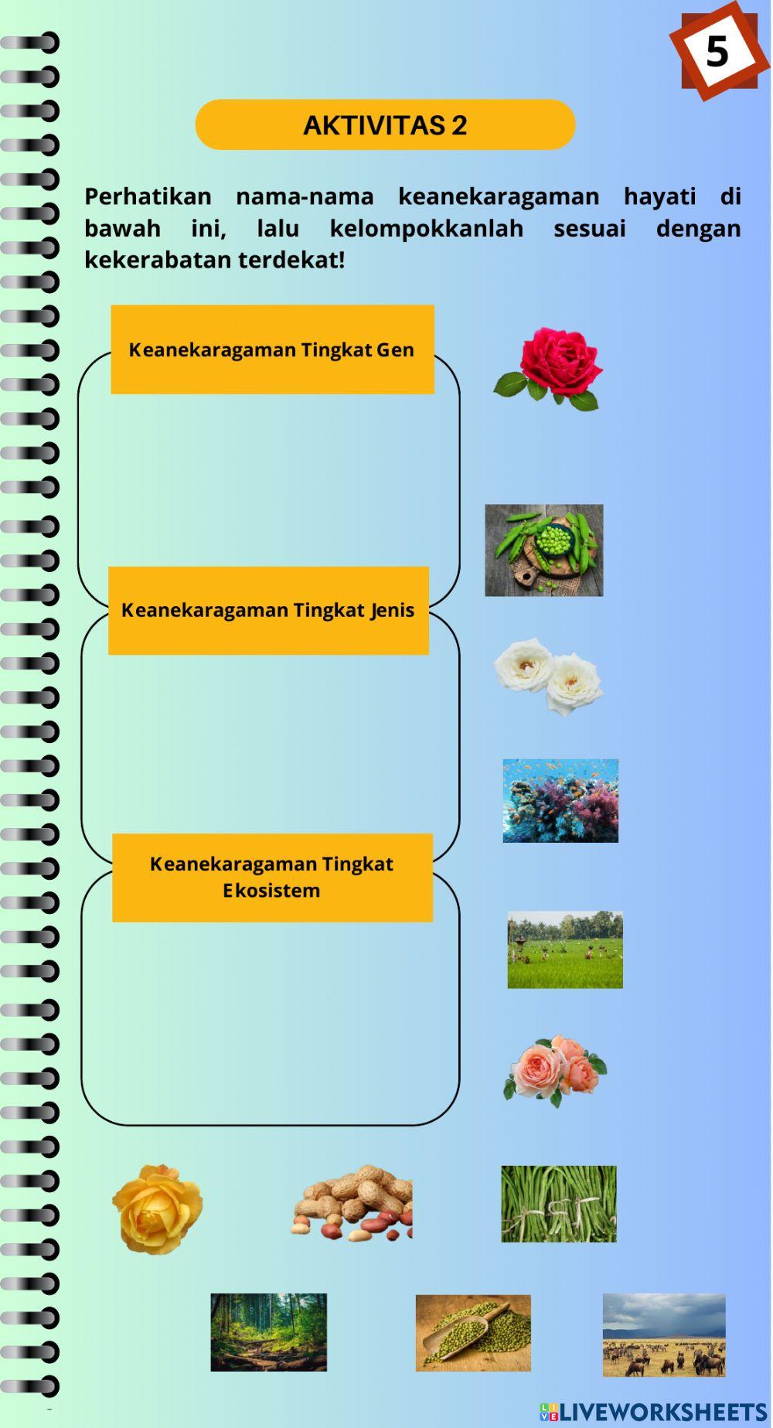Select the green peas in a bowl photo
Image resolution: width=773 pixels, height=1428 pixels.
[543, 550]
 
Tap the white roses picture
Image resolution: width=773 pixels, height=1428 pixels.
[549, 676]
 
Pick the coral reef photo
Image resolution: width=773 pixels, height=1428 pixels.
[560, 800]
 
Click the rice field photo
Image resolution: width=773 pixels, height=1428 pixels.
[564, 949]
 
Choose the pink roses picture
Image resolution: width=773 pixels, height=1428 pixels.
[555, 1070]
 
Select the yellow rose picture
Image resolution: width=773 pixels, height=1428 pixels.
[158, 1208]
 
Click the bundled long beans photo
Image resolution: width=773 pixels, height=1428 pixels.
[558, 1204]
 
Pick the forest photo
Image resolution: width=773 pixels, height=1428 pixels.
[268, 1332]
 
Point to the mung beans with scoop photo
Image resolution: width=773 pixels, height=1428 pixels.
[473, 1333]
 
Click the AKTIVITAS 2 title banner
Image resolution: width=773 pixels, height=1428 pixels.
[385, 124]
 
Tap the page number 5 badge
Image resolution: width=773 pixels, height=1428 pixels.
[717, 52]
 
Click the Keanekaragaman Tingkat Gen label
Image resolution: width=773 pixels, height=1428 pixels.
[271, 349]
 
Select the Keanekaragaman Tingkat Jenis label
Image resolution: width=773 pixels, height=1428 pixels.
[268, 610]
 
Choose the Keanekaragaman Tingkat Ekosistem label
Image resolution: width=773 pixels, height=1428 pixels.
[271, 877]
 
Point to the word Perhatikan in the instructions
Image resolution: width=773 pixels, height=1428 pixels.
[148, 196]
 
